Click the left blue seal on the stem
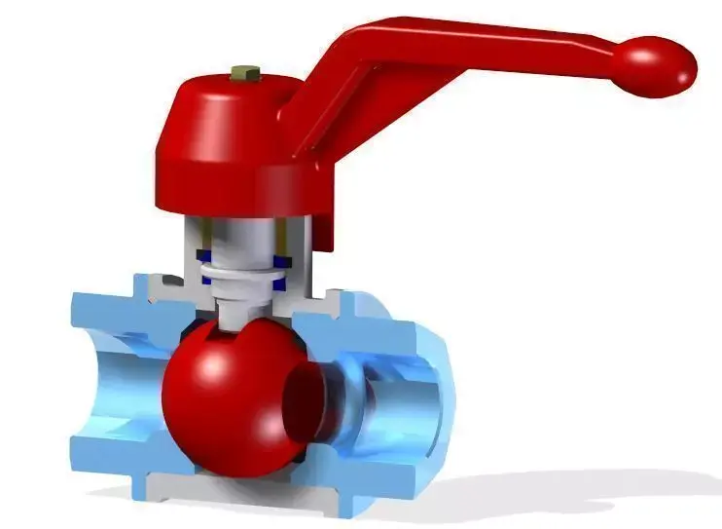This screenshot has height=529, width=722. [204, 260]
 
